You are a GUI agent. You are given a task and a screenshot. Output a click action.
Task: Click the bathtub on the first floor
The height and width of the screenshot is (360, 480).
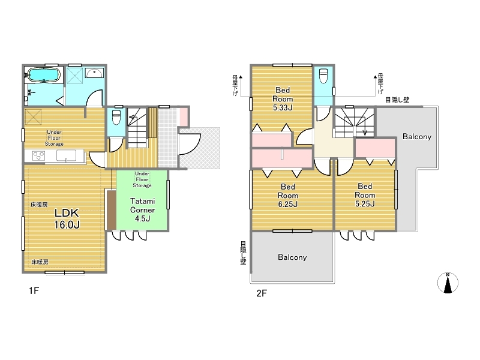tap(43, 75)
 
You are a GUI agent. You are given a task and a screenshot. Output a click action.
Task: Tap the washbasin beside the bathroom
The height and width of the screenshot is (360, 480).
tap(94, 73)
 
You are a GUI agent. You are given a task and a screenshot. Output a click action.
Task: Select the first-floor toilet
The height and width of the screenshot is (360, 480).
tap(116, 117)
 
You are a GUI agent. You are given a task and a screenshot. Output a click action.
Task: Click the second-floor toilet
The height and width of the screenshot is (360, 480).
tap(323, 76)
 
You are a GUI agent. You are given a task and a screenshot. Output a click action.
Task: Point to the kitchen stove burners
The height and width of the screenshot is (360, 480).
tap(39, 156)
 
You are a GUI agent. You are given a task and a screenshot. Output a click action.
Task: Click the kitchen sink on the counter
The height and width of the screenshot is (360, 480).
tap(66, 155)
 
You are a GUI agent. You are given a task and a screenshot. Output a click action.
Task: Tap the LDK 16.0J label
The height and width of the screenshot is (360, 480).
tap(67, 218)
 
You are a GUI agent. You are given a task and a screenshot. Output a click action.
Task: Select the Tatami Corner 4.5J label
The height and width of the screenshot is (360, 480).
tap(142, 209)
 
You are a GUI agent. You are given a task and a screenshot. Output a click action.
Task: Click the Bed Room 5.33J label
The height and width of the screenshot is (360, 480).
tap(283, 98)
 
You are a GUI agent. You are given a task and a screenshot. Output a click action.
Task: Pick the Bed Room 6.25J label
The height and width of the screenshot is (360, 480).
tap(288, 196)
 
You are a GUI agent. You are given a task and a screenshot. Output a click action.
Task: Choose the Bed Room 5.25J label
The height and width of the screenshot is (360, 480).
tap(365, 195)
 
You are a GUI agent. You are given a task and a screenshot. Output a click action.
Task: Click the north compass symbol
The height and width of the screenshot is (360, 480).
tap(448, 283)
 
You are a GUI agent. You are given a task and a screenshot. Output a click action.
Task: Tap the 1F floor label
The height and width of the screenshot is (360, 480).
tap(34, 290)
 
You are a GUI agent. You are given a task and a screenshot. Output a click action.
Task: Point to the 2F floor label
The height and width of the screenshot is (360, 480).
tap(262, 293)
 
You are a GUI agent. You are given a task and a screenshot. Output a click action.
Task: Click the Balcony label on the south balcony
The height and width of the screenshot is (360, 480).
tap(292, 257)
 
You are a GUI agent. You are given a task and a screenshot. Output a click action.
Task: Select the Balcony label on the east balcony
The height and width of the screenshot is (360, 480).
tap(416, 136)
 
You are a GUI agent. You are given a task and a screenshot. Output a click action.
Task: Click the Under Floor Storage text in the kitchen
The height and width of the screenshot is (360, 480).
tap(54, 138)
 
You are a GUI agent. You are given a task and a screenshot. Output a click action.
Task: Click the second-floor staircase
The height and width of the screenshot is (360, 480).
tap(355, 122)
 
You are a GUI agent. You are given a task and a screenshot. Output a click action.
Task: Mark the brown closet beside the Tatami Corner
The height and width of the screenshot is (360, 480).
tap(112, 210)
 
